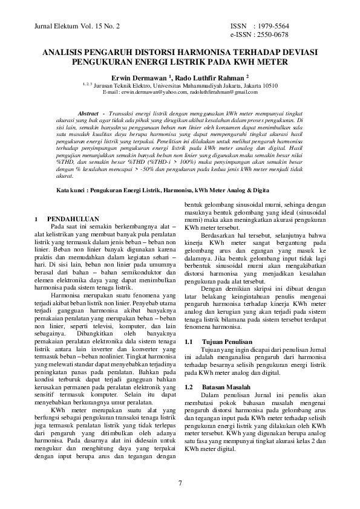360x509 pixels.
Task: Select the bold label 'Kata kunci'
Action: tap(70, 189)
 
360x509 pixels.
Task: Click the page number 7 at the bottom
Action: tap(180, 482)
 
